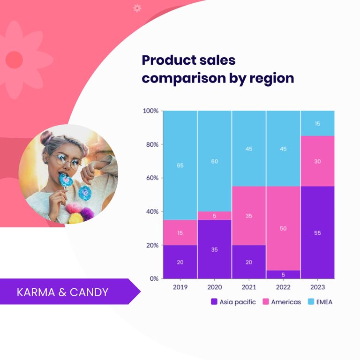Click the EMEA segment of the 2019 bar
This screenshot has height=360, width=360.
coord(180,165)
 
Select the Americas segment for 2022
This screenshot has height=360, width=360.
coord(283,228)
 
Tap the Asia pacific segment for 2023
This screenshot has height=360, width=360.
coord(317,232)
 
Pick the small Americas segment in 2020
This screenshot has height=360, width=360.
coord(214,216)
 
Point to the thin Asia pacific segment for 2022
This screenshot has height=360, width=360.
coord(283,274)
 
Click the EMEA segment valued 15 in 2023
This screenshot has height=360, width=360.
coord(317,123)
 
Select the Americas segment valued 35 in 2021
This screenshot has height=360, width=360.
coord(249,216)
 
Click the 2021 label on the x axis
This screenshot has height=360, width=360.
coord(249,287)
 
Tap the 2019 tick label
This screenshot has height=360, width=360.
coord(180,287)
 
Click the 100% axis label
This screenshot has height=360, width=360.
coord(150,111)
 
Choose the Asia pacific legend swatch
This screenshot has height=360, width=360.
coord(214,302)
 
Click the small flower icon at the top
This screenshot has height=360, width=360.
coord(137,7)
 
